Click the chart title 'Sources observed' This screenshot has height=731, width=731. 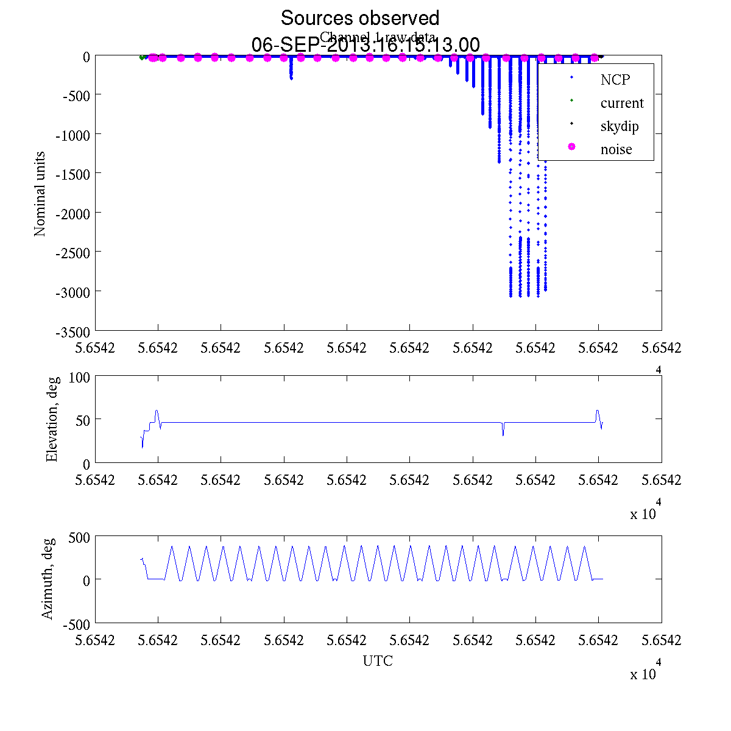[359, 18]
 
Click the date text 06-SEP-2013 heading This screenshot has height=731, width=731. [365, 45]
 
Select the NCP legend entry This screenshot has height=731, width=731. [615, 79]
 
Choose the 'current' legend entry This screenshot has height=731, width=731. [621, 103]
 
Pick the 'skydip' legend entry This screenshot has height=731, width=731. [619, 127]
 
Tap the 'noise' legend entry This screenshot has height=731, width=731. [616, 149]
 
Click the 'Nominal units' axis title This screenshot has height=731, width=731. [40, 194]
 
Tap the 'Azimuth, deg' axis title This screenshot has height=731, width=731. [48, 579]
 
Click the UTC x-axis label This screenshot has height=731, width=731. [378, 661]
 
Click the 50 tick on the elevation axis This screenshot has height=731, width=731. [83, 420]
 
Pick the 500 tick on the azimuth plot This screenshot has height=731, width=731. [79, 537]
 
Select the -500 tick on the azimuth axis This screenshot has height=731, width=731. [76, 624]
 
